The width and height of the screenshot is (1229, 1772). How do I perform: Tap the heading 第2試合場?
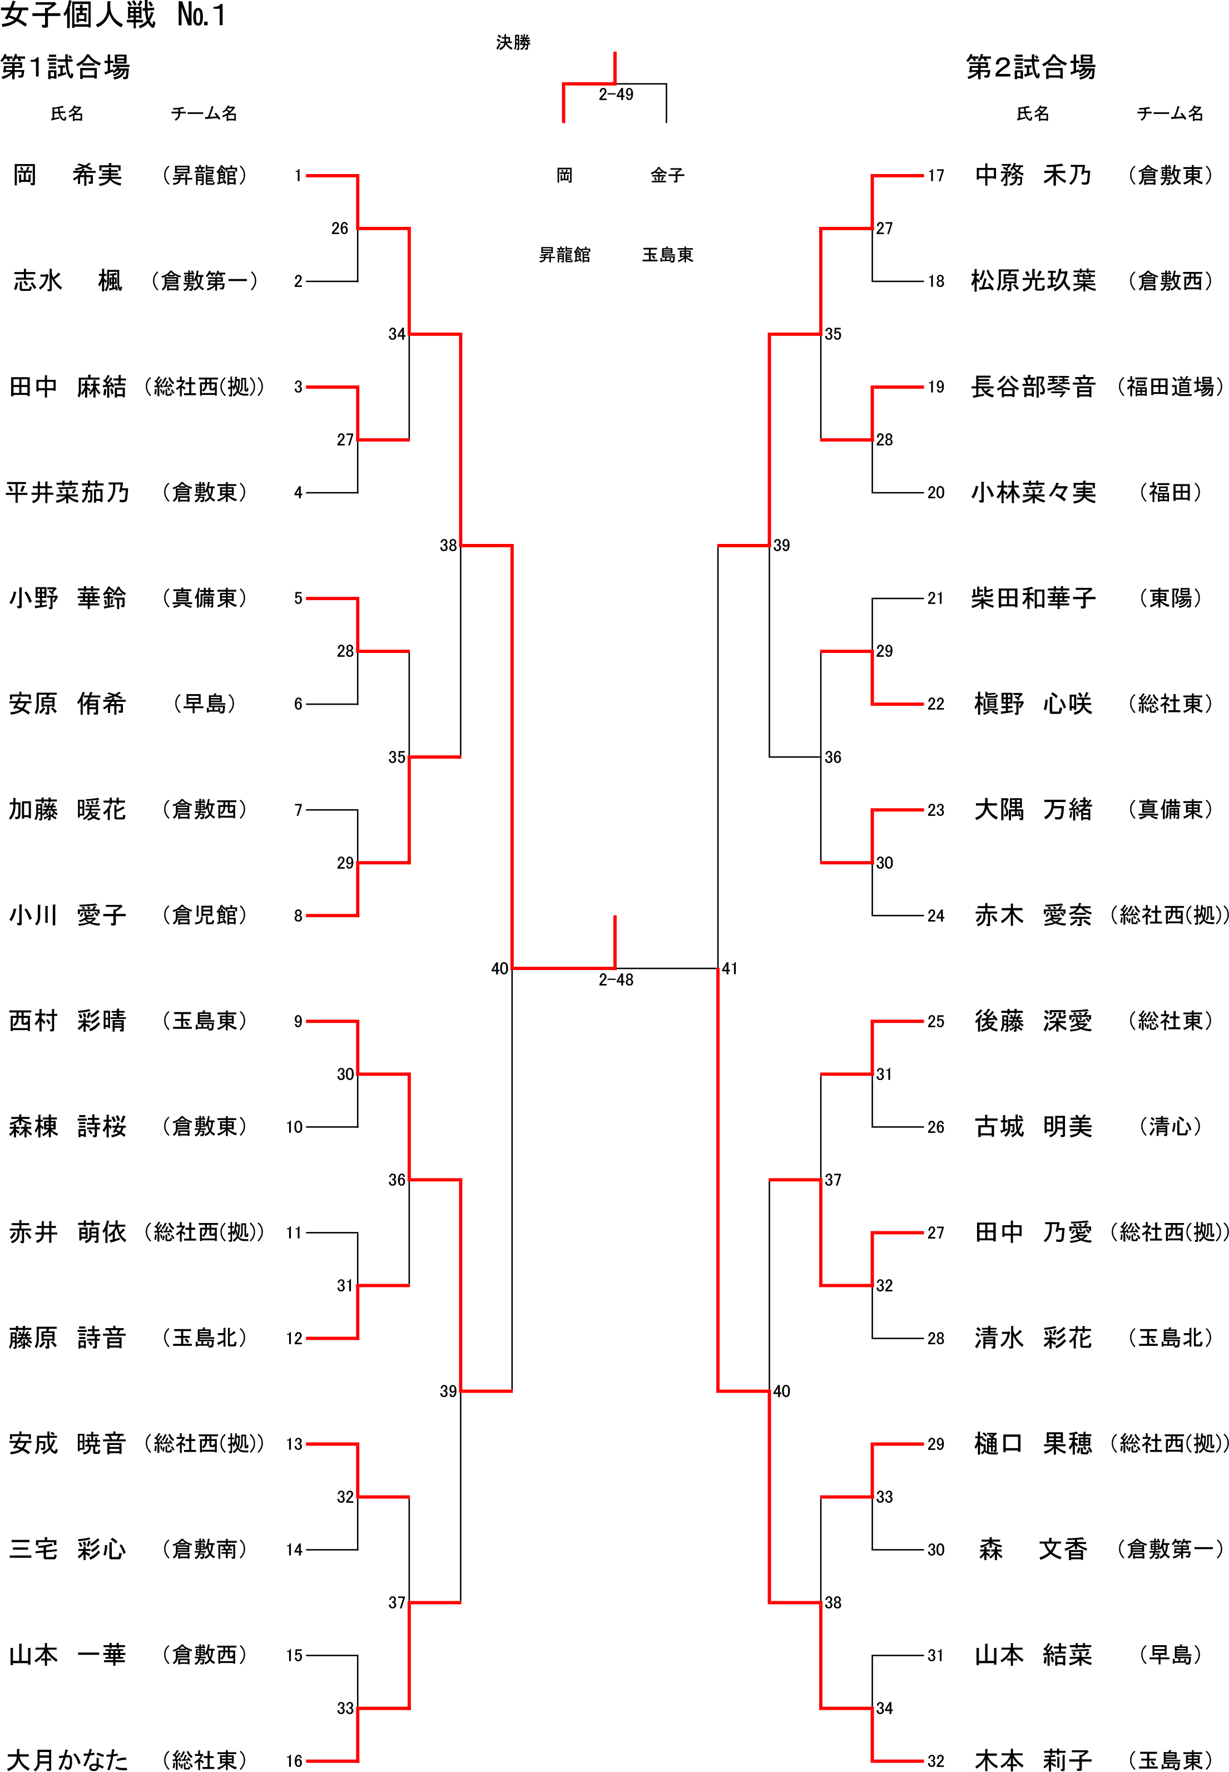pos(1030,68)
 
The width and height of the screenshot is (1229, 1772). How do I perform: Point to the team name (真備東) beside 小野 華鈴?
pos(204,598)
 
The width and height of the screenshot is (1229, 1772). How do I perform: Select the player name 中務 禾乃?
pos(1033,176)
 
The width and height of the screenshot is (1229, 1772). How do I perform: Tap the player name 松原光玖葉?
pos(1033,281)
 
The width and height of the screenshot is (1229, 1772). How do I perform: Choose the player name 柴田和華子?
pos(1033,598)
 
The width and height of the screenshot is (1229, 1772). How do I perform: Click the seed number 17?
pos(935,176)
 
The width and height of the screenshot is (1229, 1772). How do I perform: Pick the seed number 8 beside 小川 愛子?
pos(298,917)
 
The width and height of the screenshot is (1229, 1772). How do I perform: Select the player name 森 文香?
pos(1033,1550)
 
